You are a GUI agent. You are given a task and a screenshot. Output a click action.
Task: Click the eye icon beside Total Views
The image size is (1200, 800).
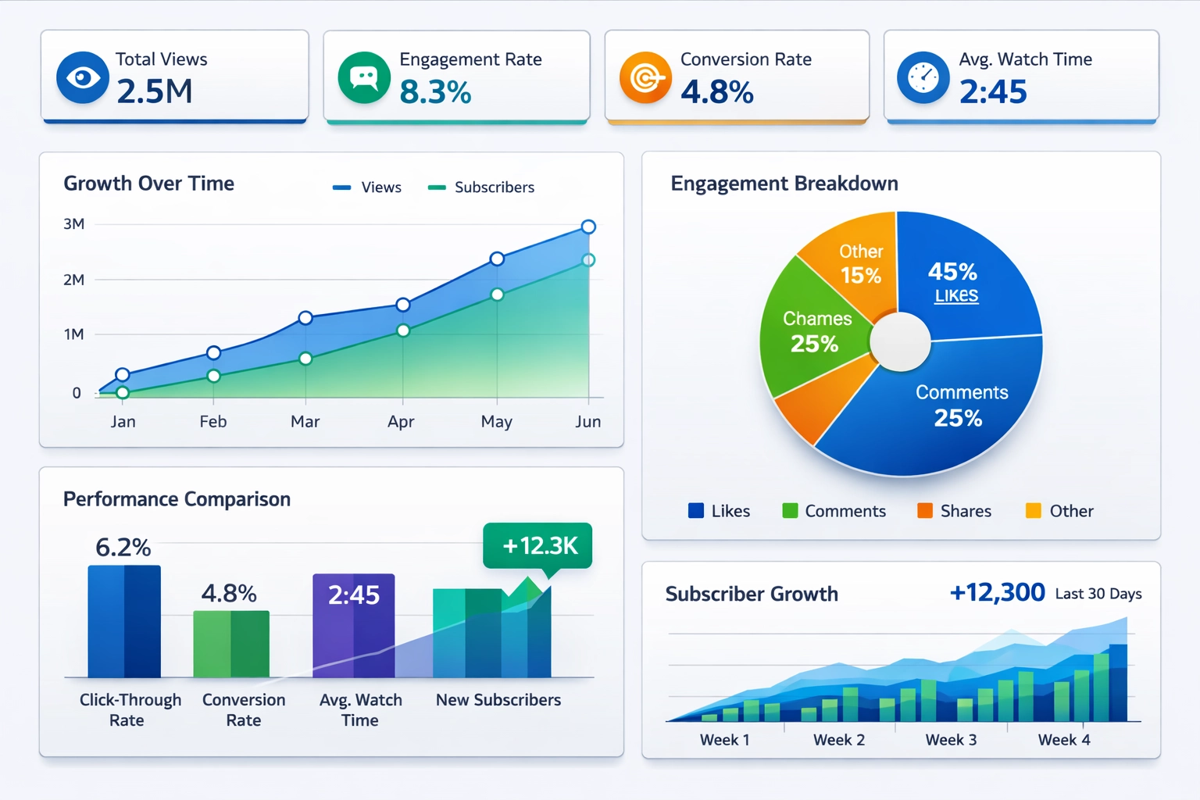coord(83,77)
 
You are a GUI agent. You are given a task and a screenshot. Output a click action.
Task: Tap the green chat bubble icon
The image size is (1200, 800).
coord(364,77)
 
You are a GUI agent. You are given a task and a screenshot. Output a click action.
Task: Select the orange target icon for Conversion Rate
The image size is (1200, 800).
coord(645,77)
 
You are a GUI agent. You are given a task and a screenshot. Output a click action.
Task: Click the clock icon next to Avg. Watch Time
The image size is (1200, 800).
coord(923,77)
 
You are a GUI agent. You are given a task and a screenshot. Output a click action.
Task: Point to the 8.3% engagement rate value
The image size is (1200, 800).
coord(435,92)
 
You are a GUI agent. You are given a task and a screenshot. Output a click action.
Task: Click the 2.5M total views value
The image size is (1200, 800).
coord(155,91)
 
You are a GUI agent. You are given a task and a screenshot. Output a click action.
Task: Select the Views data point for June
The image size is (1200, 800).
coord(588,227)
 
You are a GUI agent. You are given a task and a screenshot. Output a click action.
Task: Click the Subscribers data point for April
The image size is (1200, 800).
coord(403,330)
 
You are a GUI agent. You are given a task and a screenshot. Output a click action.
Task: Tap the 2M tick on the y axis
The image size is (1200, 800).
coord(74,280)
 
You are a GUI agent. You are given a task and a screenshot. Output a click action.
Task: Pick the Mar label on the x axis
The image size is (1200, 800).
coord(305,422)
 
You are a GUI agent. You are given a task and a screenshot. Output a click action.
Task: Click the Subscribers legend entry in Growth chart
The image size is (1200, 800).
coord(481,187)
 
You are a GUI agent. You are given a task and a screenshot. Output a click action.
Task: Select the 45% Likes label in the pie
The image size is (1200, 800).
coord(953,281)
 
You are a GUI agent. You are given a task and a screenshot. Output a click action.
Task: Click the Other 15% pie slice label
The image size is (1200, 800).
coord(860,264)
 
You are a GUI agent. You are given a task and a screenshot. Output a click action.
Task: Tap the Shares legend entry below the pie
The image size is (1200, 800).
coord(955,511)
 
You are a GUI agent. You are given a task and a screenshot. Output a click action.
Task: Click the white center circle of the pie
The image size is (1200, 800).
coord(900,342)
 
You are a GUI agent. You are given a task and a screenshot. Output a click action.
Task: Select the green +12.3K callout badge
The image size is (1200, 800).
coord(537,545)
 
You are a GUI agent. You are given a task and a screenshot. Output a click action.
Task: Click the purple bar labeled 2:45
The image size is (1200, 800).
coord(354,625)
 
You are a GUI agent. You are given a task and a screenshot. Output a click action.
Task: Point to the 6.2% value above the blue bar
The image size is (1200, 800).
coord(123,547)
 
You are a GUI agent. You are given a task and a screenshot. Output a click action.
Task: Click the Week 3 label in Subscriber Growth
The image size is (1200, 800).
coord(951,740)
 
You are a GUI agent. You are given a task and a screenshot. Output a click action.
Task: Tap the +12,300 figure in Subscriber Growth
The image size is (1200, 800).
coord(997,592)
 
